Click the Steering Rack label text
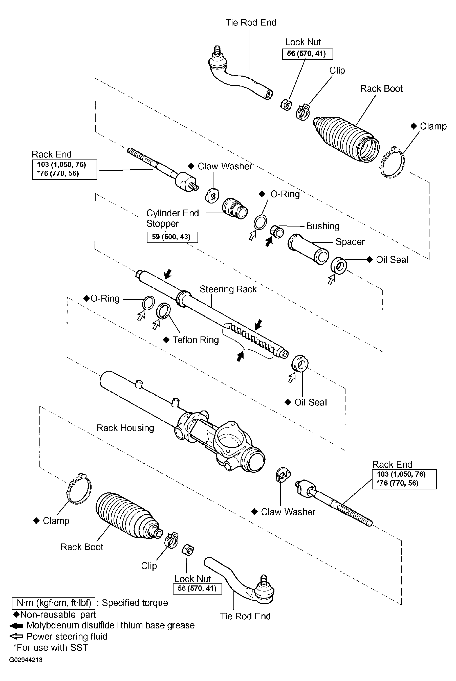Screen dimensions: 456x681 coord(228,289)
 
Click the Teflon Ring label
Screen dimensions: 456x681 coord(196,340)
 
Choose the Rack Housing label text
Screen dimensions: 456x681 coord(125,428)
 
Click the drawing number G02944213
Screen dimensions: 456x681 coord(26,660)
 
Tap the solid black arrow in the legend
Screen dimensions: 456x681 coord(16,625)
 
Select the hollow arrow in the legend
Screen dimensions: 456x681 coord(16,637)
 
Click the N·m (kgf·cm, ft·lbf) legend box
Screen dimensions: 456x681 coord(54,603)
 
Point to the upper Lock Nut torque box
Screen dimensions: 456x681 coord(307,54)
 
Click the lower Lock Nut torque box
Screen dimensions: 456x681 coord(197,588)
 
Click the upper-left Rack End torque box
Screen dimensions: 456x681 coord(64,169)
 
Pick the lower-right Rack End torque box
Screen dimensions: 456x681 coord(404,479)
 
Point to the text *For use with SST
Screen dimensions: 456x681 coord(50,648)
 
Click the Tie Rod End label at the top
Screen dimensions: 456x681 coord(251,22)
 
